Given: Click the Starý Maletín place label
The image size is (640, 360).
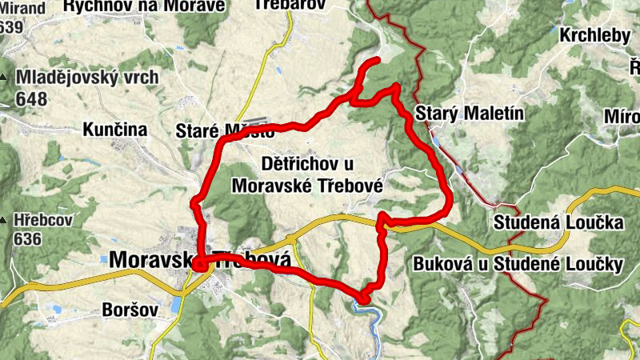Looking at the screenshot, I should pos(470,114).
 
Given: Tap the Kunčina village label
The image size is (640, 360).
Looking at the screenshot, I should pos(115,129).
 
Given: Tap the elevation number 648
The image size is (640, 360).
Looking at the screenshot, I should pos(31,99).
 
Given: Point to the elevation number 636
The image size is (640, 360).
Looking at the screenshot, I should pos(27,238).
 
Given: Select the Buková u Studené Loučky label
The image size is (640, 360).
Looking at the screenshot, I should pos(518,264).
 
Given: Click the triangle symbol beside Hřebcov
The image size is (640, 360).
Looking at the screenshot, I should pos(5,218).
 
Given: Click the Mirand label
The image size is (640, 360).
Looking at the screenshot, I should pos(22,6).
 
